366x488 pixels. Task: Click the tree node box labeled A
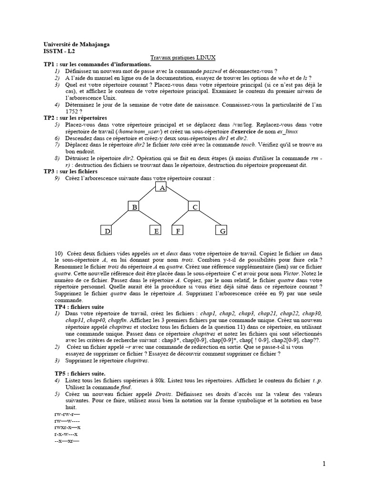[162, 188]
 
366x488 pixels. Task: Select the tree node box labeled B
[134, 207]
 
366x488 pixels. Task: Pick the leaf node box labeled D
[108, 231]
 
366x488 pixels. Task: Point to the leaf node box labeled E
[155, 231]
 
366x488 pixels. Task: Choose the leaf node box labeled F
[177, 231]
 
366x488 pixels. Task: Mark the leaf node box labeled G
[222, 231]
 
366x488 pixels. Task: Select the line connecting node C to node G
[208, 219]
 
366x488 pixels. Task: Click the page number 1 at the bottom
[324, 464]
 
